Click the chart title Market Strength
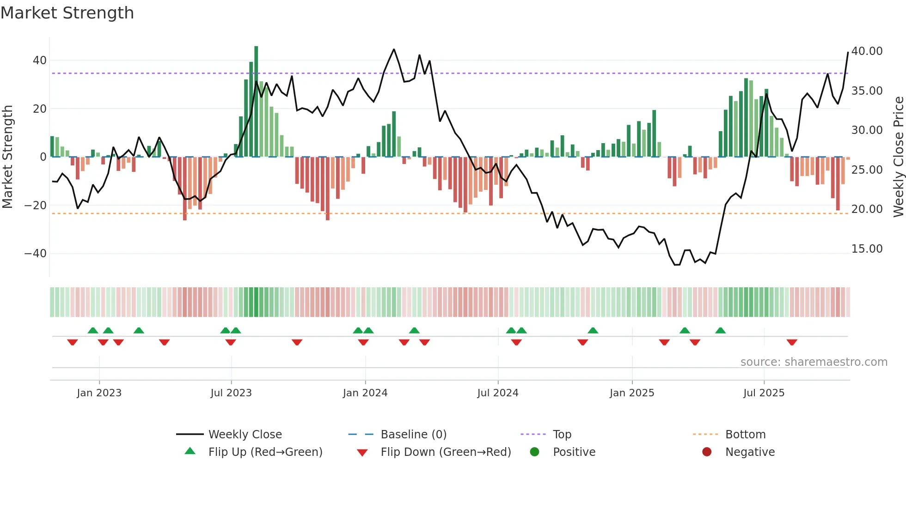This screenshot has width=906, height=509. (x=67, y=13)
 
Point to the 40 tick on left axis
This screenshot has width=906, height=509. (x=39, y=61)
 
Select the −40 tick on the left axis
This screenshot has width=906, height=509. (x=36, y=254)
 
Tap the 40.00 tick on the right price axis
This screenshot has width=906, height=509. (x=867, y=51)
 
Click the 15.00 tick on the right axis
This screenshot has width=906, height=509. (x=867, y=249)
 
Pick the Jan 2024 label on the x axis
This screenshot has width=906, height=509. (x=365, y=393)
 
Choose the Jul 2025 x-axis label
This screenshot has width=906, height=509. (x=764, y=393)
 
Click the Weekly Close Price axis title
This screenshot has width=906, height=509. (x=898, y=157)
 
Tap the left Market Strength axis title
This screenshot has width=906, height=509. (x=7, y=157)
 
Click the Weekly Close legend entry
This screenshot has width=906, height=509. (x=245, y=435)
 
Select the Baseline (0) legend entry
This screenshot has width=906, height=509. (x=413, y=435)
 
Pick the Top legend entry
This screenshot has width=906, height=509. (x=562, y=435)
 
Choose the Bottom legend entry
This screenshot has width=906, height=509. (x=745, y=435)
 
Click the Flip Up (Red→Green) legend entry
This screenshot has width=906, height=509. (x=265, y=452)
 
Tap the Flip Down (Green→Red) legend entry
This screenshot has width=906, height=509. (x=445, y=452)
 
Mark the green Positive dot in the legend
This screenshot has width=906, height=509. (x=534, y=452)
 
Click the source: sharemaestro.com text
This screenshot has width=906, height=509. (x=814, y=362)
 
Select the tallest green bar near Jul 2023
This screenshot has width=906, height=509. (x=256, y=102)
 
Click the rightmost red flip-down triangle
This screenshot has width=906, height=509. (x=792, y=342)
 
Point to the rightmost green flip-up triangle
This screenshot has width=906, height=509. (x=720, y=330)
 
